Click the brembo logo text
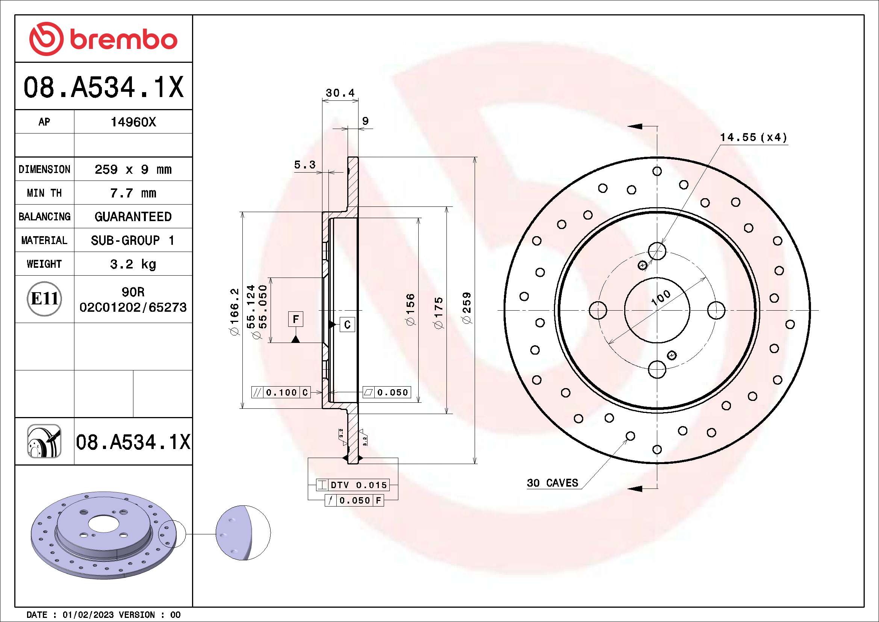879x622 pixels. (x=123, y=40)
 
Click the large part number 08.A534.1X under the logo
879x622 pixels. (x=103, y=87)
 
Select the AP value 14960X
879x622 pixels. (x=133, y=122)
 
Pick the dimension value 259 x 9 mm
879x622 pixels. (x=133, y=169)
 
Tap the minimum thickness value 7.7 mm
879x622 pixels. (x=133, y=193)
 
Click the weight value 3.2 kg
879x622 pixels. (x=133, y=264)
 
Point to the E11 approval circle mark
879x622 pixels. (x=44, y=299)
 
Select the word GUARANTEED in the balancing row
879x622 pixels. (x=133, y=217)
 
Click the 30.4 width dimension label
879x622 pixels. (x=340, y=93)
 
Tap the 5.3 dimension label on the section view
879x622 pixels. (x=305, y=165)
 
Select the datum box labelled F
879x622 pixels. (x=295, y=319)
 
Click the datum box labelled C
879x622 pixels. (x=347, y=325)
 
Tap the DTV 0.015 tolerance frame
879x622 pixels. (x=353, y=485)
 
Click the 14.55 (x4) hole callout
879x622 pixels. (x=753, y=137)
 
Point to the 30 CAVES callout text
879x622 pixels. (x=552, y=482)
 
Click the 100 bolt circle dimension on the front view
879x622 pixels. (x=661, y=297)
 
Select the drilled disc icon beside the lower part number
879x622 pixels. (x=44, y=441)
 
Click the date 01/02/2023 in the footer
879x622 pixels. (x=88, y=615)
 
